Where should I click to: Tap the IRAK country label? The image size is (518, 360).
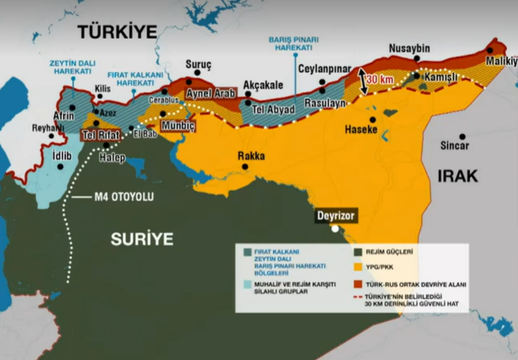[x=457, y=176]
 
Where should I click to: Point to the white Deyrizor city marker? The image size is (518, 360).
[x=335, y=229]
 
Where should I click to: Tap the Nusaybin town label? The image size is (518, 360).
[x=410, y=48]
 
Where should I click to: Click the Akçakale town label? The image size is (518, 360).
[x=263, y=85]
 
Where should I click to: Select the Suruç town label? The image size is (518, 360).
[x=198, y=64]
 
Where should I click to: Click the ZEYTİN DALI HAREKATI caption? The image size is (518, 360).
[x=69, y=67]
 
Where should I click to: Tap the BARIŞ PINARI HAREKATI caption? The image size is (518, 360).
[x=294, y=43]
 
